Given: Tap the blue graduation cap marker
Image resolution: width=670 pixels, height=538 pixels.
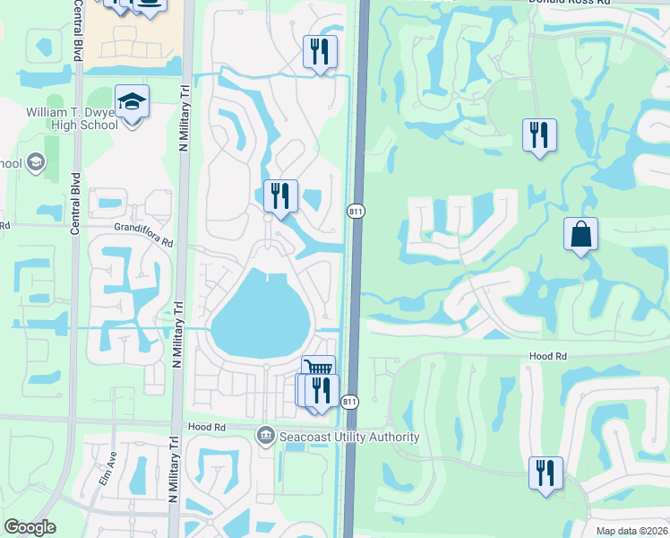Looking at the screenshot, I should coord(132,103).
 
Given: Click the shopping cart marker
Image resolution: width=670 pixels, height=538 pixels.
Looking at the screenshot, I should coord(319,368).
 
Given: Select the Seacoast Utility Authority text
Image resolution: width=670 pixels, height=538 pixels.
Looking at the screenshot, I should coord(348,437).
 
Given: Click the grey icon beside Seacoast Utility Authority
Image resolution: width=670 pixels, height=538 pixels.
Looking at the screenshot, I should coord(266,437).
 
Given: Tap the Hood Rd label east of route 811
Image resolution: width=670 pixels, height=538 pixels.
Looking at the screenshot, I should coord(548,356).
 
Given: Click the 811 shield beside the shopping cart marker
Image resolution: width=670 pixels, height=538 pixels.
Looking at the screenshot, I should coord(350,403).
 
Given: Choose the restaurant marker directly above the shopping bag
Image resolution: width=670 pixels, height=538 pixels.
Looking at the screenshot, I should coord(538,135).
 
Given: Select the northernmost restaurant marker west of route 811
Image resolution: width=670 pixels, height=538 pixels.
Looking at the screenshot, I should coord(320,52).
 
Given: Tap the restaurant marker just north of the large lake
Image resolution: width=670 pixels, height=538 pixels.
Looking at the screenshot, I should coord(280,196).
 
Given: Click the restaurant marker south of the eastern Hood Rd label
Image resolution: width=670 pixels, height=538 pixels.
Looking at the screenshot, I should coord(545,473).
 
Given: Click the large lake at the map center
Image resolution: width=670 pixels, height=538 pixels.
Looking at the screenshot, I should coord(260,314).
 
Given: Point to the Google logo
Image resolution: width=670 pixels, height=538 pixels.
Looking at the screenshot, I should coord(30,527).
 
